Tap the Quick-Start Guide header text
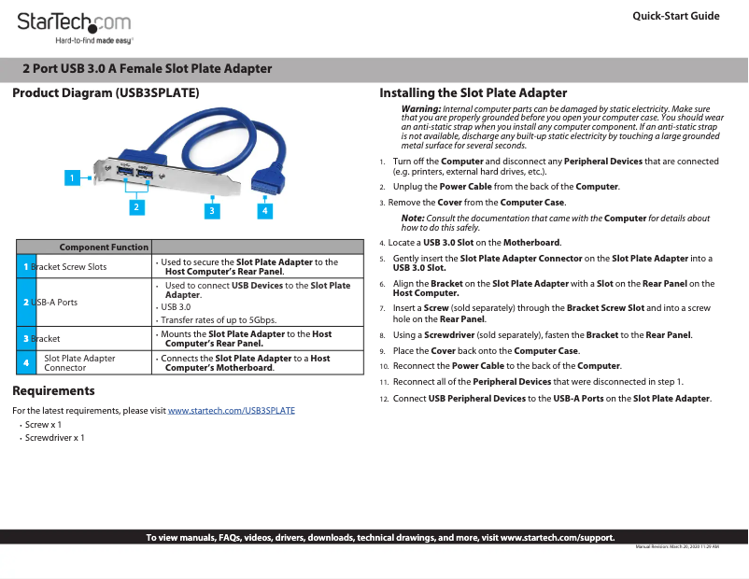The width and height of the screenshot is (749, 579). point(675,16)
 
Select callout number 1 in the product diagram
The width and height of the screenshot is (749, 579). point(70,177)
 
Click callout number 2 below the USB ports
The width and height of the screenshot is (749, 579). point(137,206)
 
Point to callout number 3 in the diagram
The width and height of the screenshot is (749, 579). point(213,211)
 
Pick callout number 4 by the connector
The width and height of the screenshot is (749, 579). point(265,211)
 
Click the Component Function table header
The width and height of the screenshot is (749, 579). point(104,247)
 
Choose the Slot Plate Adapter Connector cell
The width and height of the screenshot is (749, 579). point(80,362)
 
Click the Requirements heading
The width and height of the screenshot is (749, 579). point(53,390)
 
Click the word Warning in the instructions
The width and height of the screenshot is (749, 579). point(421,109)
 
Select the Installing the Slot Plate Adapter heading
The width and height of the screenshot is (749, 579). point(473,92)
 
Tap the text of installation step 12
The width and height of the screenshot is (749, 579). point(552,399)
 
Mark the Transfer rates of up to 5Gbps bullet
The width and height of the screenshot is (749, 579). point(219,319)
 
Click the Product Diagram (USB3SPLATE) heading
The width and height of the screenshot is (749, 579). point(105,93)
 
